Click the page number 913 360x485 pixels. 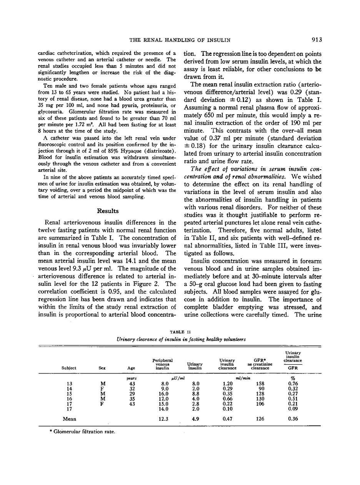pos(317,40)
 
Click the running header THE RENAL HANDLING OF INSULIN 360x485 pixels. pos(180,40)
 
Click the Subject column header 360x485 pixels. pos(69,368)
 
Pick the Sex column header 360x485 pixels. pos(102,368)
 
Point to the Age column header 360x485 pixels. pos(132,368)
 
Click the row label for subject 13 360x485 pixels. pos(69,383)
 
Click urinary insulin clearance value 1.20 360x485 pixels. pos(227,383)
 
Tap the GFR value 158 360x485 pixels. pos(260,383)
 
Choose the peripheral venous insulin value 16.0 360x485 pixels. pos(163,393)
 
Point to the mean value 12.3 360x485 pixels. pos(163,419)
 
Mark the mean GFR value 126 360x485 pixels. pos(260,419)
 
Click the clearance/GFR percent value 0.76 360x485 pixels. pos(293,383)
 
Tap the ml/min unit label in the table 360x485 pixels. pos(243,378)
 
